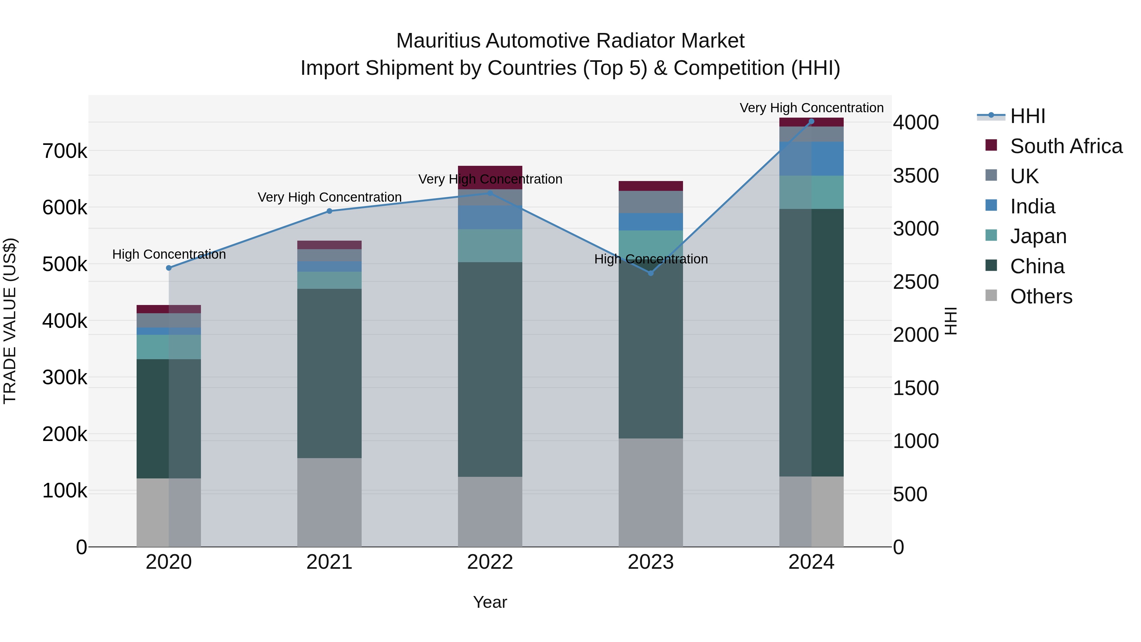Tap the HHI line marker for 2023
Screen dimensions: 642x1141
[x=651, y=273]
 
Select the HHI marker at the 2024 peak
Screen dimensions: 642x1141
[x=811, y=121]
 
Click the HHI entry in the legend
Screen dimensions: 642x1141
[x=1028, y=116]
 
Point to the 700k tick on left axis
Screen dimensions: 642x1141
[x=65, y=152]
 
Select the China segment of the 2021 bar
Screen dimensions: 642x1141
[x=329, y=373]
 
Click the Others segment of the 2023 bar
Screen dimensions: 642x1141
[x=651, y=493]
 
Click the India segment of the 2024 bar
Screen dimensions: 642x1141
[x=811, y=159]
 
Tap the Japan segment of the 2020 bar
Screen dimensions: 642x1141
[x=169, y=347]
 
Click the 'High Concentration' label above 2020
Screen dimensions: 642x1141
[x=169, y=254]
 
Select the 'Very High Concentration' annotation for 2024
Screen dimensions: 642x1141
[x=811, y=108]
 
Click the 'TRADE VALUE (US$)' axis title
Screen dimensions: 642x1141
[x=10, y=321]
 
